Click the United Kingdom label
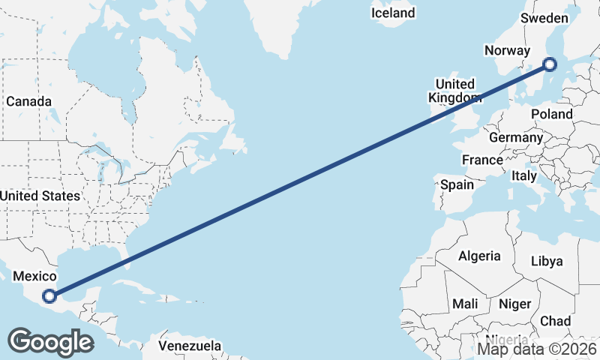coord(454,91)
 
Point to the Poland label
coord(551,114)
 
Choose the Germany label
coord(515,138)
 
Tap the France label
coord(482,160)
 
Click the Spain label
coord(457,184)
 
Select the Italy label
coord(524,175)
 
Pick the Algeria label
coord(479,256)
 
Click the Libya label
coord(546,261)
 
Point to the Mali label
coord(465,304)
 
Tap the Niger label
coord(515,304)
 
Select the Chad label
coord(555,320)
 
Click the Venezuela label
coord(190,346)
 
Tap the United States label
coord(40,196)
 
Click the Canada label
coord(28,101)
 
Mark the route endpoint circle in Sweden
coord(550,64)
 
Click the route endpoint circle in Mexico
coord(49,296)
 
